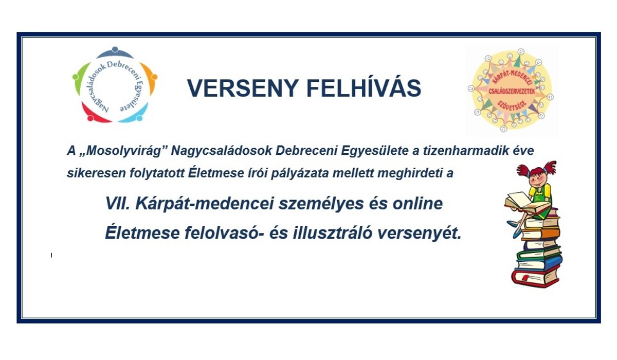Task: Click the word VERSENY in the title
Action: [243, 88]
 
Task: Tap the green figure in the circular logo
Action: [80, 78]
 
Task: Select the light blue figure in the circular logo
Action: [136, 114]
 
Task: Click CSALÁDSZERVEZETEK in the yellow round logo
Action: [512, 92]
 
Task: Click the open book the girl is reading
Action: [525, 203]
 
